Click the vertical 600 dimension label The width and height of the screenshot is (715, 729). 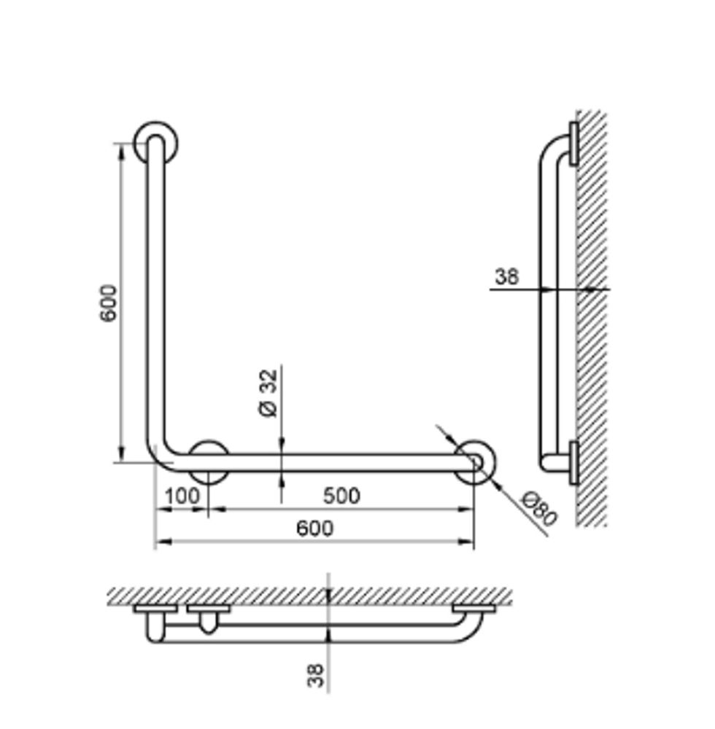[109, 303]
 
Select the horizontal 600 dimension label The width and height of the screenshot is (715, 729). [315, 529]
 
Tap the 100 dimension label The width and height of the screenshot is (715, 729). [182, 496]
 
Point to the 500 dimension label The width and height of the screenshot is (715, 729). [341, 496]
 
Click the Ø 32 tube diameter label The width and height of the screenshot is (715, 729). [268, 393]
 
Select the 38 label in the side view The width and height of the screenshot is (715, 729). [506, 276]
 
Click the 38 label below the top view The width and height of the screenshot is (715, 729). [316, 675]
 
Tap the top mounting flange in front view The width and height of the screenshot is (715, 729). [156, 143]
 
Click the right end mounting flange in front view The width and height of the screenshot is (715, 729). [474, 462]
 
